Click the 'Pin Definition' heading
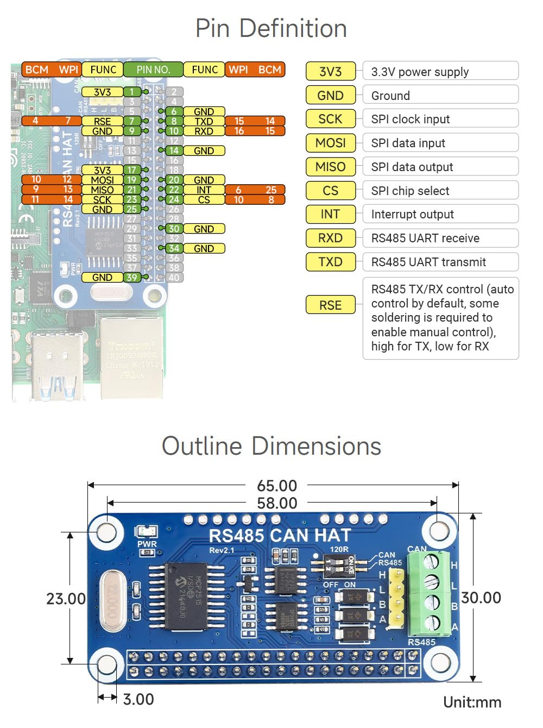[271, 28]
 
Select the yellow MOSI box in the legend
[330, 143]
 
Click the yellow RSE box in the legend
[330, 305]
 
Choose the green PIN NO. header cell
[153, 70]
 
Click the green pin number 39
[132, 278]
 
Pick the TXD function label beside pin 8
[204, 121]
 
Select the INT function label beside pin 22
[204, 190]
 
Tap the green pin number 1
[132, 92]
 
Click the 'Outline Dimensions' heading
[271, 446]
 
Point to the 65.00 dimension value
[277, 486]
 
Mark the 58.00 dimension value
[277, 503]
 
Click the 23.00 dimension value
[66, 599]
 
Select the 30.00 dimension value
[481, 598]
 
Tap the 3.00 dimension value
[138, 699]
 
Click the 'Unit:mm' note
[472, 702]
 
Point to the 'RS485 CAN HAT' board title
[280, 536]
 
